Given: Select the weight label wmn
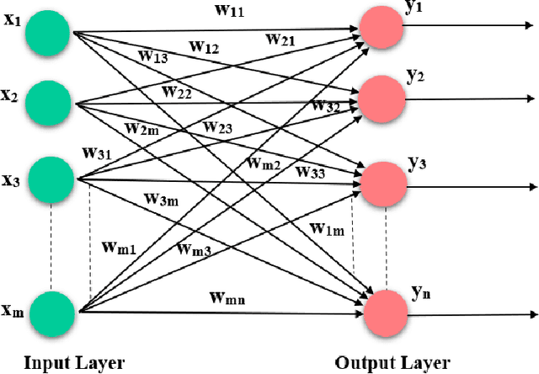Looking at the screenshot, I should click(227, 297).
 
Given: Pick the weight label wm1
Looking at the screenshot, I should click(119, 247).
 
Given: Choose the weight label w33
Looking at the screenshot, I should click(312, 172).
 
